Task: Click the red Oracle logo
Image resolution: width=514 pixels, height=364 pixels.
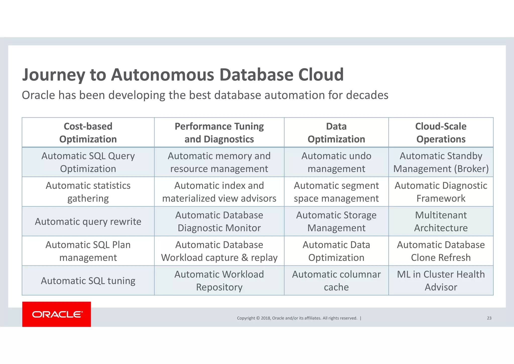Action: (x=56, y=314)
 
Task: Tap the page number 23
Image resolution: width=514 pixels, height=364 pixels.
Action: (x=489, y=318)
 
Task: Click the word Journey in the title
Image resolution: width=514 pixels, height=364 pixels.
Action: (x=54, y=75)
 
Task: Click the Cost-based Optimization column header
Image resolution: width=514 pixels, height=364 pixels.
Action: (x=88, y=132)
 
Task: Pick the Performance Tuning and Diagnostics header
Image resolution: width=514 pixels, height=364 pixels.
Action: (x=219, y=132)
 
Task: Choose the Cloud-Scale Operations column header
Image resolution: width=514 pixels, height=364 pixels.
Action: (x=441, y=132)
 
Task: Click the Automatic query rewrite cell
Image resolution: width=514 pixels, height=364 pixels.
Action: (x=88, y=221)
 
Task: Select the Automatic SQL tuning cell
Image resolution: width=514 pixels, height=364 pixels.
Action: (x=88, y=281)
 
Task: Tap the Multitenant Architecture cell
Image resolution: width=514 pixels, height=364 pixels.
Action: (x=441, y=221)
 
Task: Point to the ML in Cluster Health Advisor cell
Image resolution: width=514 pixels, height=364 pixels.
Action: (x=441, y=281)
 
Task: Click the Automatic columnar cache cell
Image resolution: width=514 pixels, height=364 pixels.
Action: (x=336, y=281)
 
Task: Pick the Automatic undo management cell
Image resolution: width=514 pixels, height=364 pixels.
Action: (x=336, y=162)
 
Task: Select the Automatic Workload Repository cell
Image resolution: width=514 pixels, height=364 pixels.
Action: (x=219, y=281)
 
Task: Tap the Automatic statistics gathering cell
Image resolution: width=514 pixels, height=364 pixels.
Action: (x=88, y=192)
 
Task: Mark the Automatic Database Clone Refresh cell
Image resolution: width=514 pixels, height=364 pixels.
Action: (x=441, y=251)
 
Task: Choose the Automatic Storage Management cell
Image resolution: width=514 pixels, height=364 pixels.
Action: (x=336, y=221)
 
